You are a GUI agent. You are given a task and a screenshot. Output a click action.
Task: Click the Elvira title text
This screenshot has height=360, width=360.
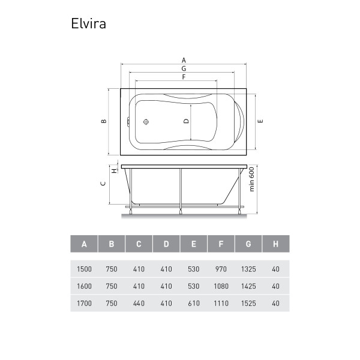[88, 23]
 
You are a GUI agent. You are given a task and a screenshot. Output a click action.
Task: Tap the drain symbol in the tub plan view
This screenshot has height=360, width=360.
[146, 122]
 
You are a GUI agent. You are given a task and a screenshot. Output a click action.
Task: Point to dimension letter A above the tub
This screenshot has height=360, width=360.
[184, 61]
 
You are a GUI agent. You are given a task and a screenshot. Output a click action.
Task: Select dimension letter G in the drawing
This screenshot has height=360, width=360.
[184, 68]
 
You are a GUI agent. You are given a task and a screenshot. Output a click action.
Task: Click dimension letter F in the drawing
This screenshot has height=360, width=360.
[184, 77]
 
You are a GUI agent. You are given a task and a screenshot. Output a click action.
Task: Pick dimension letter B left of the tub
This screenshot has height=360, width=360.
[104, 121]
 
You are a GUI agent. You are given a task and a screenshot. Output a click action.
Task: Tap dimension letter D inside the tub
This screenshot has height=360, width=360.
[186, 121]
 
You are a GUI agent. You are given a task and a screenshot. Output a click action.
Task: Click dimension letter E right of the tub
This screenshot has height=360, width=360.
[260, 121]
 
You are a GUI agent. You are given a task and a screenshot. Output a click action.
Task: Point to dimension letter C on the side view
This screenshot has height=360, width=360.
[103, 184]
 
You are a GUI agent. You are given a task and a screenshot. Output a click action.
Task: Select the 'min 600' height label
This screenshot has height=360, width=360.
[252, 179]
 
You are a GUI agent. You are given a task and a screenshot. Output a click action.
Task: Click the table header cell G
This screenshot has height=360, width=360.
[248, 244]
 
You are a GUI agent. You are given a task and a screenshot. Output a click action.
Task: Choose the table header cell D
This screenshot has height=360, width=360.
[166, 244]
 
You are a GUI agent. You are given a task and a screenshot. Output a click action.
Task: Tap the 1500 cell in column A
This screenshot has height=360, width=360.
[84, 269]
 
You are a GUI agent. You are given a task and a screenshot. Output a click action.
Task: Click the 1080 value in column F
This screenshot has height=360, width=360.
[221, 286]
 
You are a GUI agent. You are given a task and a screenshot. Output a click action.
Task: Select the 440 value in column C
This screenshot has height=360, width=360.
[139, 304]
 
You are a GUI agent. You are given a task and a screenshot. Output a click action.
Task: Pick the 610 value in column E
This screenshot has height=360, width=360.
[194, 304]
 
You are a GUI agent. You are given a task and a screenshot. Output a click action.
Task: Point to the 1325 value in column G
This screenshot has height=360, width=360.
[248, 269]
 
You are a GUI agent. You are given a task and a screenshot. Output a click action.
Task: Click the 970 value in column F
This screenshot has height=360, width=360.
[221, 269]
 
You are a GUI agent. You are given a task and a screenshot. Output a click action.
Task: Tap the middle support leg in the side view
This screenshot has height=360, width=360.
[181, 191]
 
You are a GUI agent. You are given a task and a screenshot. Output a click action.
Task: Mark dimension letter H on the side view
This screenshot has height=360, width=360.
[114, 171]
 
